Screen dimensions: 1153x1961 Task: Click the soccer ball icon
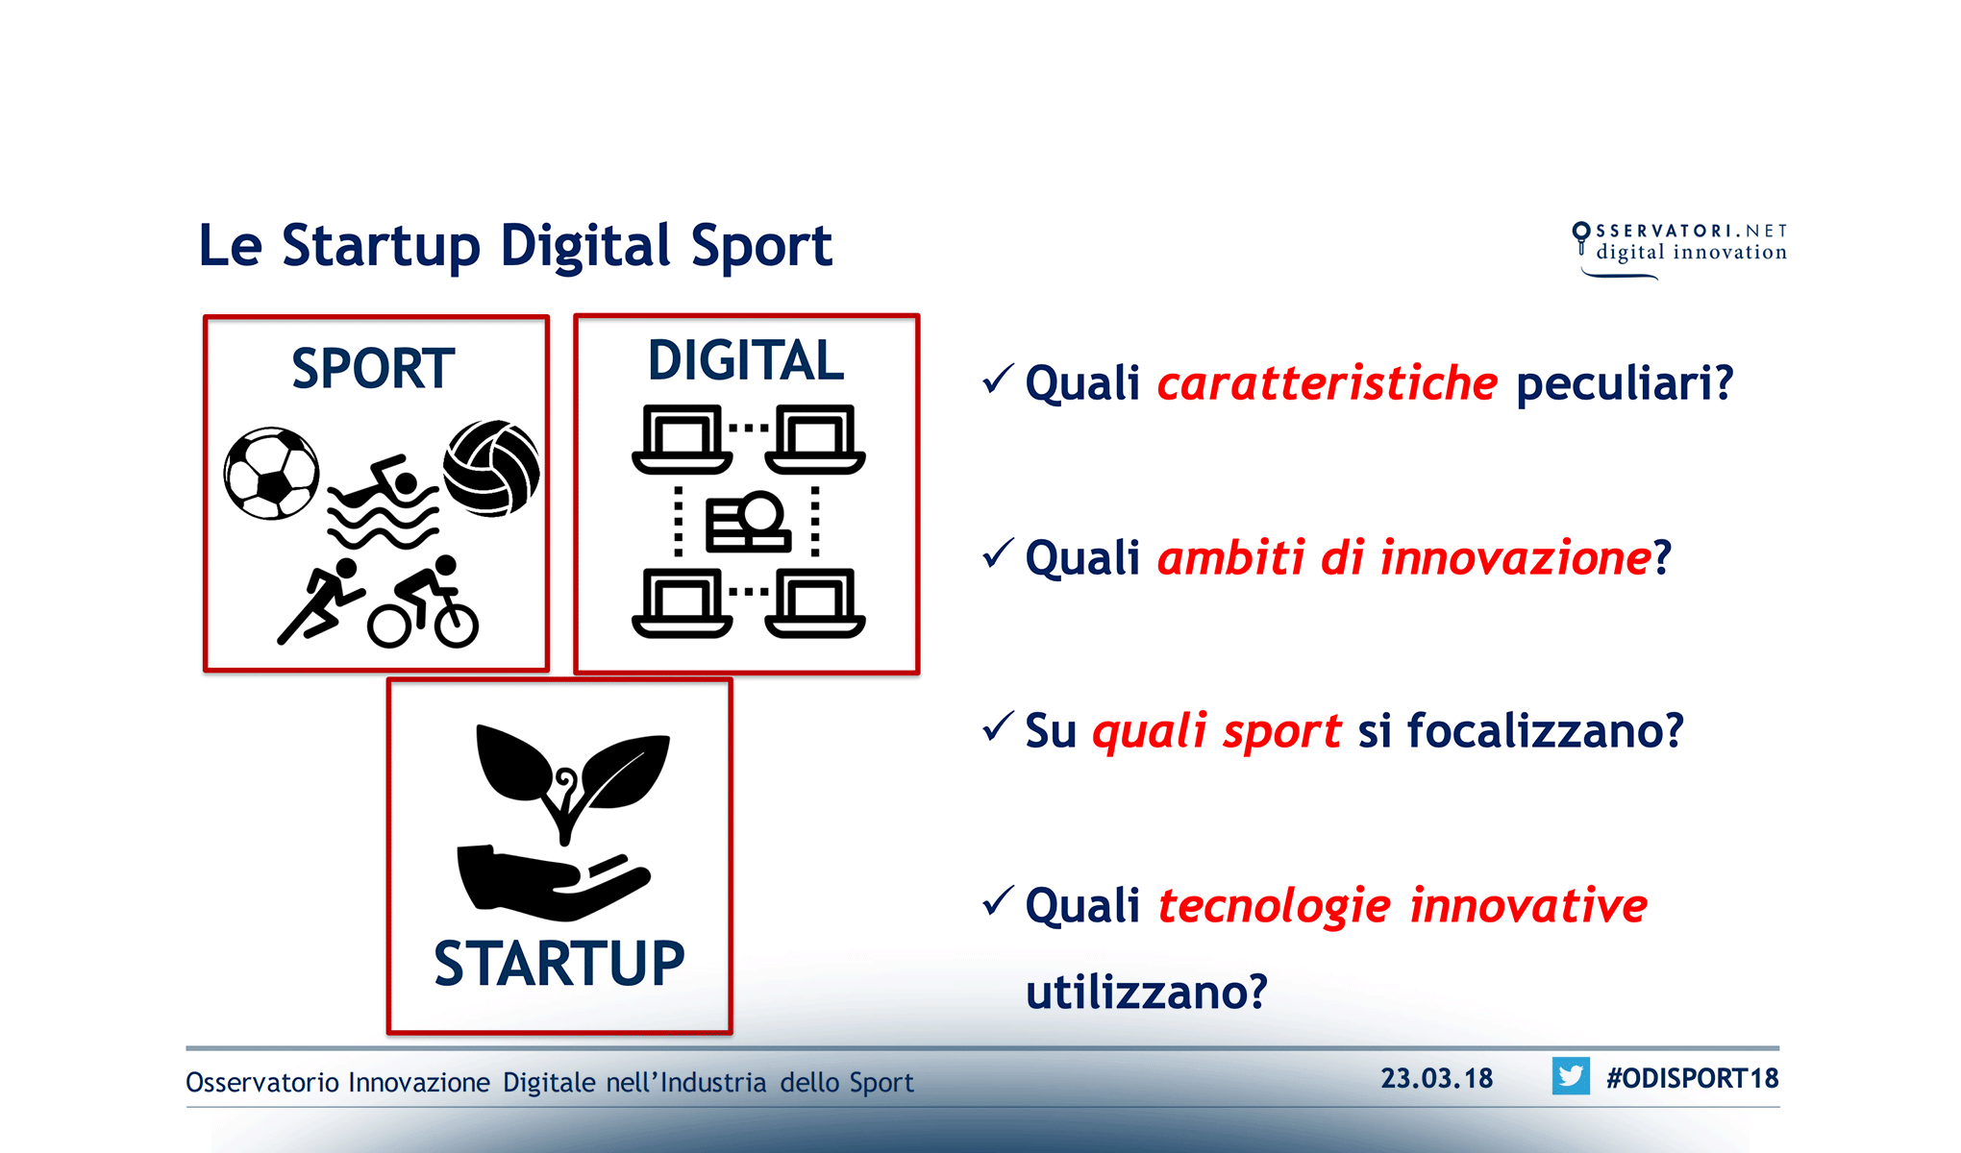click(x=272, y=474)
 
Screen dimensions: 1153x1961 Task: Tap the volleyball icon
click(x=491, y=468)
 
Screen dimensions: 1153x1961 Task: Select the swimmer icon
click(x=383, y=503)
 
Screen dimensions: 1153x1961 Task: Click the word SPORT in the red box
click(x=373, y=369)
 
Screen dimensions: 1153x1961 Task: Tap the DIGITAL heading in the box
click(x=746, y=361)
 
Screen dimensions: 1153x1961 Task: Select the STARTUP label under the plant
click(x=559, y=964)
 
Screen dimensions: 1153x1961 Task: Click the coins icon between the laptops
click(x=748, y=523)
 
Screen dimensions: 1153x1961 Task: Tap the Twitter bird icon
click(x=1571, y=1076)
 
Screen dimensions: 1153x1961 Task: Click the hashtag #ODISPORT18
click(x=1692, y=1078)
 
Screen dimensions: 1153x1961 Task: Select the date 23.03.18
click(x=1437, y=1078)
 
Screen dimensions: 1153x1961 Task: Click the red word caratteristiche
click(x=1328, y=383)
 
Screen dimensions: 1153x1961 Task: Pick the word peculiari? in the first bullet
click(x=1625, y=383)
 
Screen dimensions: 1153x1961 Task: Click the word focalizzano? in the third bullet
click(x=1545, y=731)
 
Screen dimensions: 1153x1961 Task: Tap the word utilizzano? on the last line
click(x=1147, y=992)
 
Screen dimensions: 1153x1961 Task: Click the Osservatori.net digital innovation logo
click(x=1680, y=248)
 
